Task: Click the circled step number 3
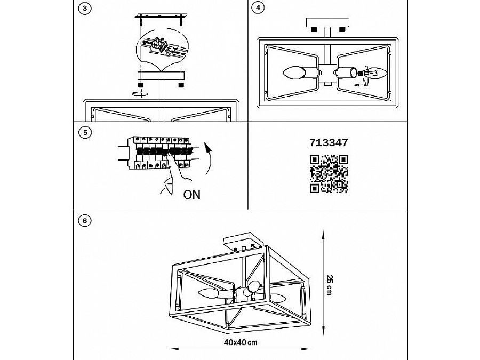(x=85, y=8)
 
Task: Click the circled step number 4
(x=258, y=8)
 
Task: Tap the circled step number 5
(x=85, y=133)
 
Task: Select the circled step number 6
(x=85, y=221)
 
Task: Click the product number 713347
(x=329, y=142)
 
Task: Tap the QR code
(x=329, y=174)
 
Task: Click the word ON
(x=191, y=195)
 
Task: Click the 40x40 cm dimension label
(x=241, y=342)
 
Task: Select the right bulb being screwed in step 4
(x=378, y=73)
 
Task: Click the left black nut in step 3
(x=141, y=85)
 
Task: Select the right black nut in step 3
(x=181, y=85)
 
